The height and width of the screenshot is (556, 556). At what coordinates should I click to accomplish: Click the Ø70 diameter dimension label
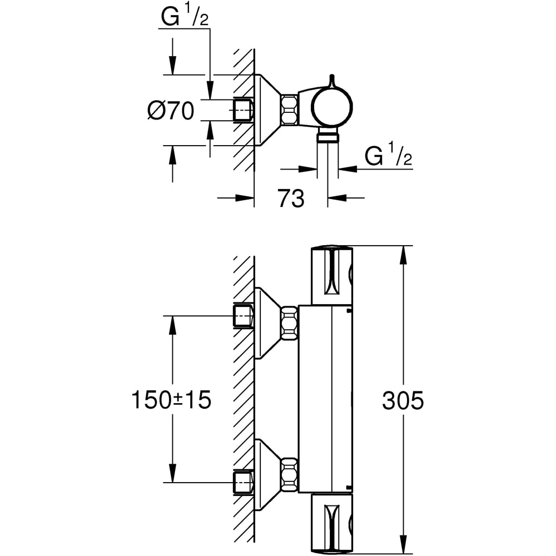tap(171, 111)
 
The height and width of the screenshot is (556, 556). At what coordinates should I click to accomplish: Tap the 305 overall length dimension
tap(403, 400)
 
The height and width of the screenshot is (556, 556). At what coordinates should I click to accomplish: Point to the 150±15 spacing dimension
tap(171, 400)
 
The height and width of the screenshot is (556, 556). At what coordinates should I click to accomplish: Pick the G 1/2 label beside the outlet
tap(389, 157)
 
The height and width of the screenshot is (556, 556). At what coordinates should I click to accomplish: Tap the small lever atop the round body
tap(332, 80)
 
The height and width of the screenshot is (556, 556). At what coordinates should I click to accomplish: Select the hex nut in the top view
tap(289, 109)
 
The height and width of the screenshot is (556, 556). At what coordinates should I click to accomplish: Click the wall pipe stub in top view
tap(242, 110)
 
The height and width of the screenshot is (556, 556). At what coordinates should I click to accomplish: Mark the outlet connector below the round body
tap(328, 137)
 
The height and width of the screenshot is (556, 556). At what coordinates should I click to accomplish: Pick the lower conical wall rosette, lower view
tap(267, 473)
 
